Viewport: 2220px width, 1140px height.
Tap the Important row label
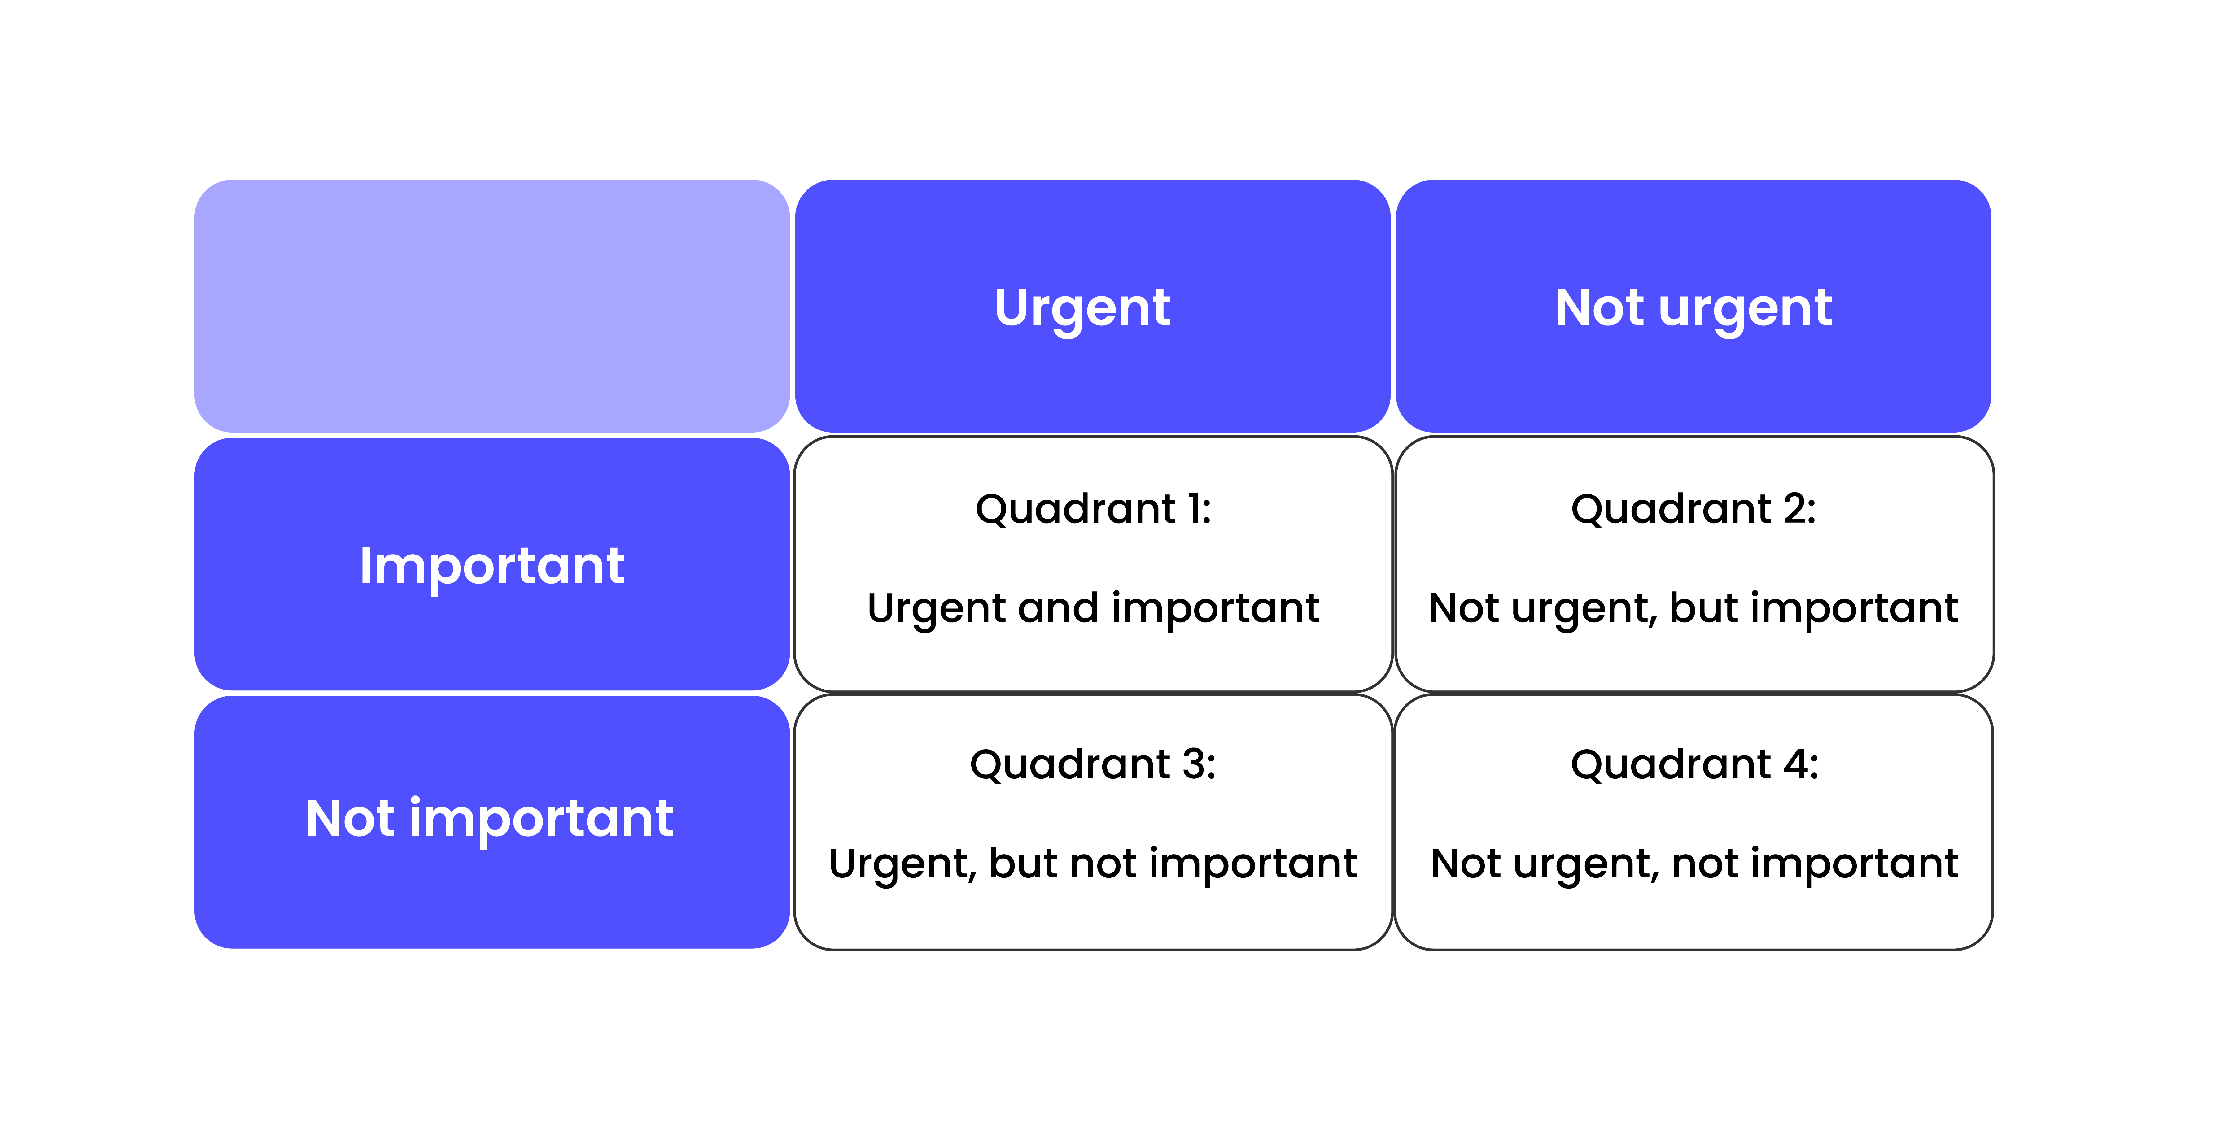click(x=491, y=565)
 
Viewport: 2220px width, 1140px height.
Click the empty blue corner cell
click(x=491, y=306)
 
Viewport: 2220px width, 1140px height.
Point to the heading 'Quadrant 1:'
click(x=1093, y=508)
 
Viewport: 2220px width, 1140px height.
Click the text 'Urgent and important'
click(x=1093, y=608)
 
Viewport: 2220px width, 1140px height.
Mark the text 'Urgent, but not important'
click(x=1093, y=864)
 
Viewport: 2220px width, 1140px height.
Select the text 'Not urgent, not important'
click(x=1693, y=864)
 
